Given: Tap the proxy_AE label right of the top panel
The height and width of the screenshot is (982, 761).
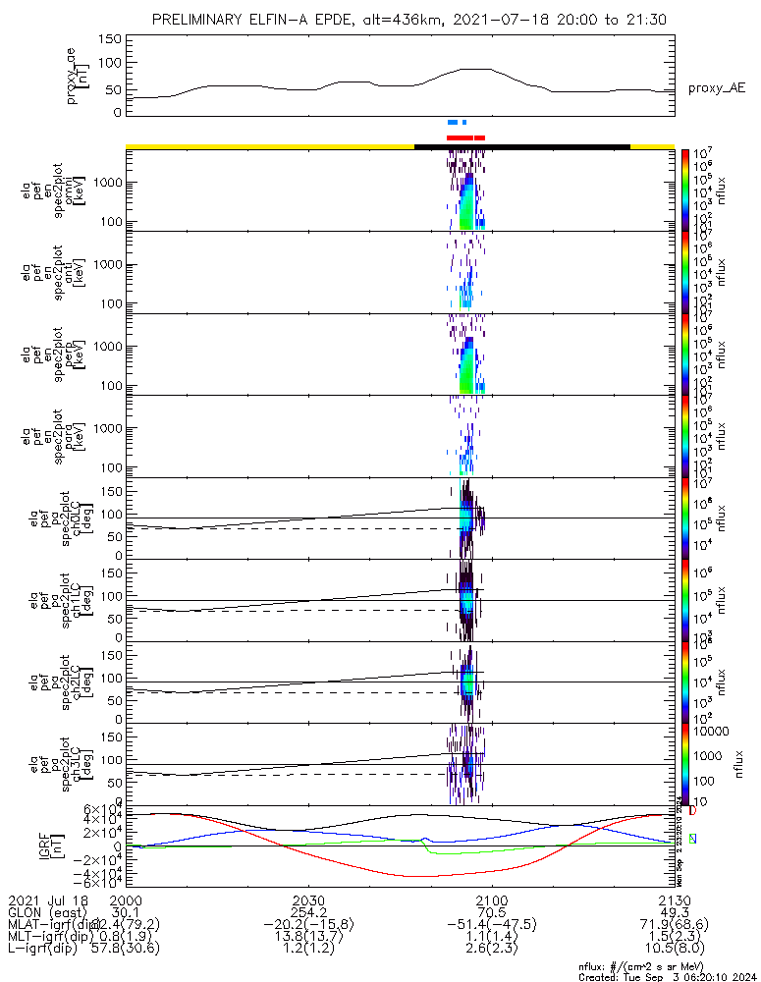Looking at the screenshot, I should click(x=716, y=88).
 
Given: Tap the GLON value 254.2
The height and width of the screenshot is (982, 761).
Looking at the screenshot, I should click(x=308, y=913).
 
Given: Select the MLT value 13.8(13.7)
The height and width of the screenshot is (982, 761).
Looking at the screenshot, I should click(x=308, y=937).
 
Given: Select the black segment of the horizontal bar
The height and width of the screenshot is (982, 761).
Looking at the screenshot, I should click(x=521, y=146).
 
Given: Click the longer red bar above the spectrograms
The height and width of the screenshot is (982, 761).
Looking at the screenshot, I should click(x=460, y=137).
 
